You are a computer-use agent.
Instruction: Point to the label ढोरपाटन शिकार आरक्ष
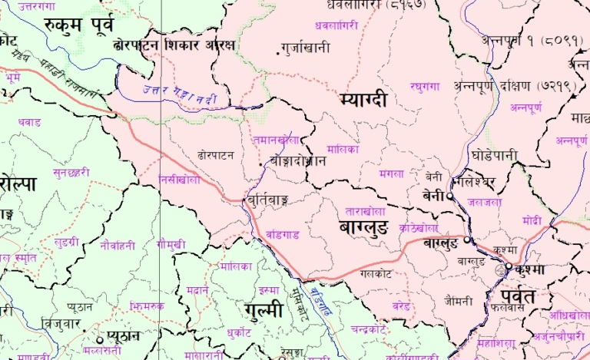pyautogui.click(x=173, y=46)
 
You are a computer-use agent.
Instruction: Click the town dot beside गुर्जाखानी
pyautogui.click(x=278, y=52)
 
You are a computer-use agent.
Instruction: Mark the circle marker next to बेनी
pyautogui.click(x=450, y=196)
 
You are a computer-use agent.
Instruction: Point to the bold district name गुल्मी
pyautogui.click(x=262, y=310)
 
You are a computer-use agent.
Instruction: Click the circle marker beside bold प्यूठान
pyautogui.click(x=99, y=338)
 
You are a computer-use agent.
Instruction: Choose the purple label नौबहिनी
pyautogui.click(x=117, y=246)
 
